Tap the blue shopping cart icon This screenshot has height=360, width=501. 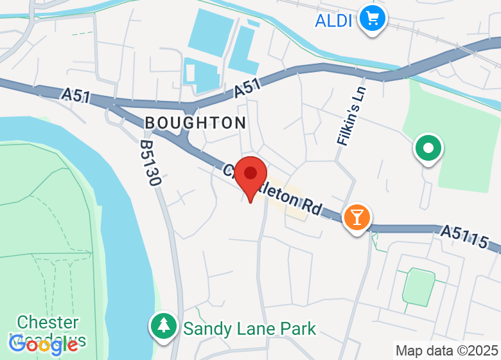click(x=371, y=17)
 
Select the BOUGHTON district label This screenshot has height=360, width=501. click(x=195, y=123)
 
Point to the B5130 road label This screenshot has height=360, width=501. click(x=149, y=164)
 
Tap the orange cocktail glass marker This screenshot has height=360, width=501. click(x=356, y=217)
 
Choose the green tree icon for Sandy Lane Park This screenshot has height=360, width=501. click(x=163, y=325)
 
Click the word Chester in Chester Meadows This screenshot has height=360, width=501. click(x=48, y=322)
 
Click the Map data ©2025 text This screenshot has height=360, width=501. click(x=446, y=351)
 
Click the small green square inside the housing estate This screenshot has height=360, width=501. click(x=418, y=286)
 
